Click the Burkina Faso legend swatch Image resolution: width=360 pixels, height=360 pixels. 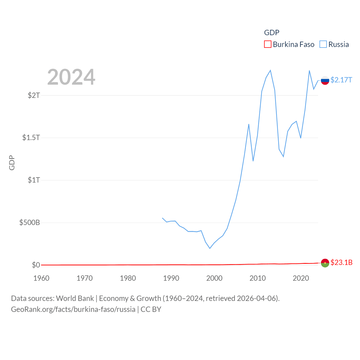click(268, 44)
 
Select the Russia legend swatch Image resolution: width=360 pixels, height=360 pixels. click(323, 44)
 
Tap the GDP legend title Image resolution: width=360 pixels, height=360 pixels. click(271, 33)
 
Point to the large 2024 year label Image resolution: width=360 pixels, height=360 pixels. click(71, 77)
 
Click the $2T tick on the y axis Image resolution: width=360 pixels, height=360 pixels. click(34, 95)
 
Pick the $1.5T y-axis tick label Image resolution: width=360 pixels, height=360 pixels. click(31, 138)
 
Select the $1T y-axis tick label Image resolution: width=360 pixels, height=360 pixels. click(34, 180)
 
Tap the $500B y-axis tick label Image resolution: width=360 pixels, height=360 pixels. click(30, 222)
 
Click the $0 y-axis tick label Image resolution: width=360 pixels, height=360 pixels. click(36, 265)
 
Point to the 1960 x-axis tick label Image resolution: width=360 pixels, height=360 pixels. click(41, 278)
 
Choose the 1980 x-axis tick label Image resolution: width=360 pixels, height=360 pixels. click(128, 278)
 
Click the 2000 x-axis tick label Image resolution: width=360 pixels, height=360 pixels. click(214, 278)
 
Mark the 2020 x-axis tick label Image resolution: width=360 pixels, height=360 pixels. click(301, 278)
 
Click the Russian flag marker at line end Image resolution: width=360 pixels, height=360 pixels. click(325, 80)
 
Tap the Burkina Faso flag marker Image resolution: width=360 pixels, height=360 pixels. click(325, 263)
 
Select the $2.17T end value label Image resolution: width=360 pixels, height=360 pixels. click(341, 80)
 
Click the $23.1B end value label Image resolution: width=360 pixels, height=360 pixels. click(341, 262)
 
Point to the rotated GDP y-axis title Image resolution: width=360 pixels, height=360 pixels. click(12, 163)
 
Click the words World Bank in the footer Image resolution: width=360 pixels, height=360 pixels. click(75, 298)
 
